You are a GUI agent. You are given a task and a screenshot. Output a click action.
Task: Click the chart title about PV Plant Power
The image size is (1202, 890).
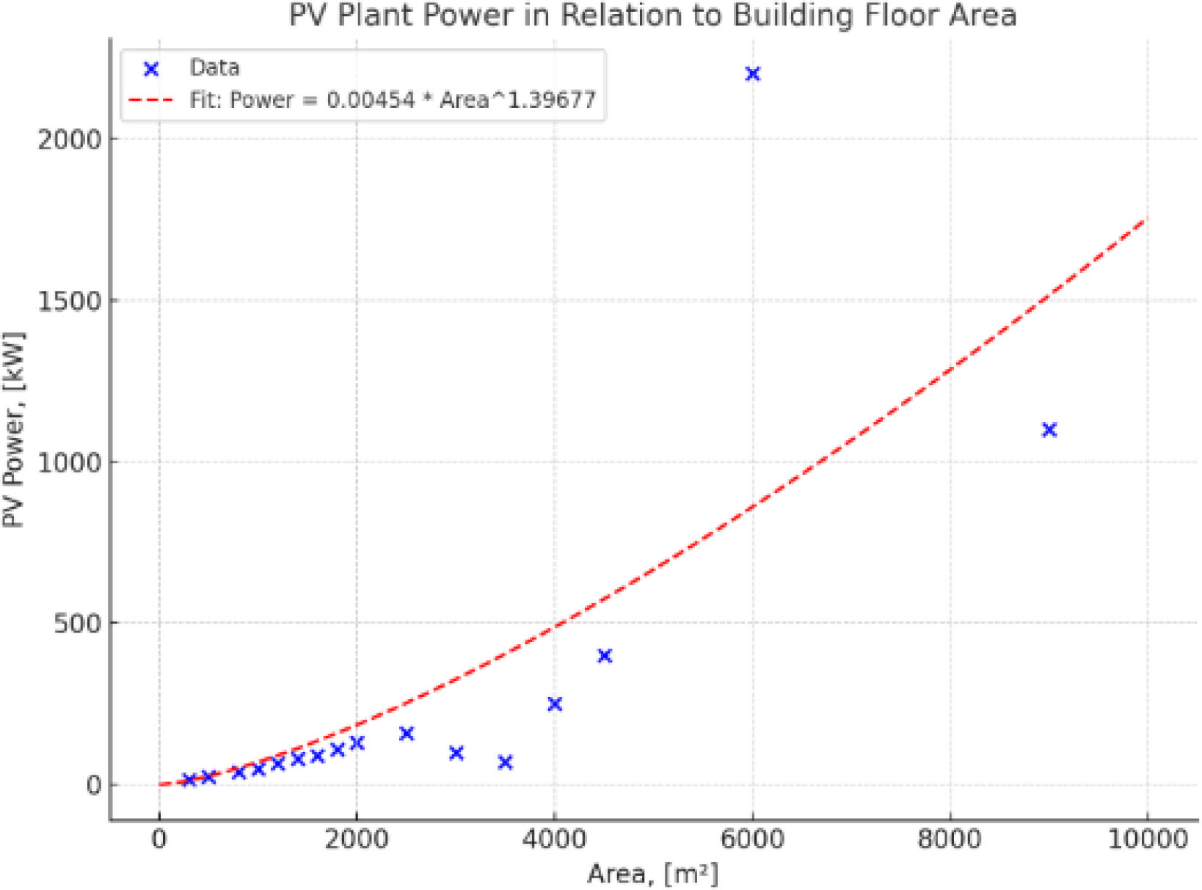[652, 15]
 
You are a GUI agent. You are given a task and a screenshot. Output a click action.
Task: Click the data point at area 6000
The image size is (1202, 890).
[752, 74]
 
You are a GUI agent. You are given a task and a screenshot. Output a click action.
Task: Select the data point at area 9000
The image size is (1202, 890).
[1049, 430]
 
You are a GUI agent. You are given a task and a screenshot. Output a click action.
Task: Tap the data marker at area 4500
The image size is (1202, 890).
[605, 656]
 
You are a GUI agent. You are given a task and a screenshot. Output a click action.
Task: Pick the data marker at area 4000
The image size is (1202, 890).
[555, 704]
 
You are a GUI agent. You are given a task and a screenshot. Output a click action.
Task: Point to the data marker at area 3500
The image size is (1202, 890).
[505, 763]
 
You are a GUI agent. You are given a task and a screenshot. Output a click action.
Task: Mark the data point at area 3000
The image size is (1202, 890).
[456, 753]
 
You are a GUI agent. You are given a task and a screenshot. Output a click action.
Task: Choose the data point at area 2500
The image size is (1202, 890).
[407, 734]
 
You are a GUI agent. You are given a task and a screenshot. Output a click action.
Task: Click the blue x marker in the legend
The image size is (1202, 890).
[151, 69]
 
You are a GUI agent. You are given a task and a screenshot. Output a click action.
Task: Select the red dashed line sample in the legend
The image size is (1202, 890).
[151, 100]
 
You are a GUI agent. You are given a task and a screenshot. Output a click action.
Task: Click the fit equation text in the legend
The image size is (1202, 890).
[393, 100]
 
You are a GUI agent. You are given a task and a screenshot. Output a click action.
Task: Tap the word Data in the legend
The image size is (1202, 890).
[214, 68]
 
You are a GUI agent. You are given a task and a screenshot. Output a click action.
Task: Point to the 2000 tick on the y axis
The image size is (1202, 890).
[69, 139]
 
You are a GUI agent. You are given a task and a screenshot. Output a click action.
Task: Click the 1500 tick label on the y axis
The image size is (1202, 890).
[69, 301]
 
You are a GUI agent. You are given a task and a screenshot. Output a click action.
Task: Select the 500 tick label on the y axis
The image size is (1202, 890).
[78, 624]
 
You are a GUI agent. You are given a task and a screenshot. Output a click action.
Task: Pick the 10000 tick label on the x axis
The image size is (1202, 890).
[1147, 839]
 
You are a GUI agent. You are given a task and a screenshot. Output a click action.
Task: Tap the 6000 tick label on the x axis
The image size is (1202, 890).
[752, 839]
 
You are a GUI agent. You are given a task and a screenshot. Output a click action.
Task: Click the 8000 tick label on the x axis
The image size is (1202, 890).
[950, 839]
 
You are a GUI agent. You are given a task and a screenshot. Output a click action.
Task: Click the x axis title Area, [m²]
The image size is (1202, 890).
[652, 874]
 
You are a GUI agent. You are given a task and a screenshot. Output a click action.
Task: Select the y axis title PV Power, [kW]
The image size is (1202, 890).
[14, 430]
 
